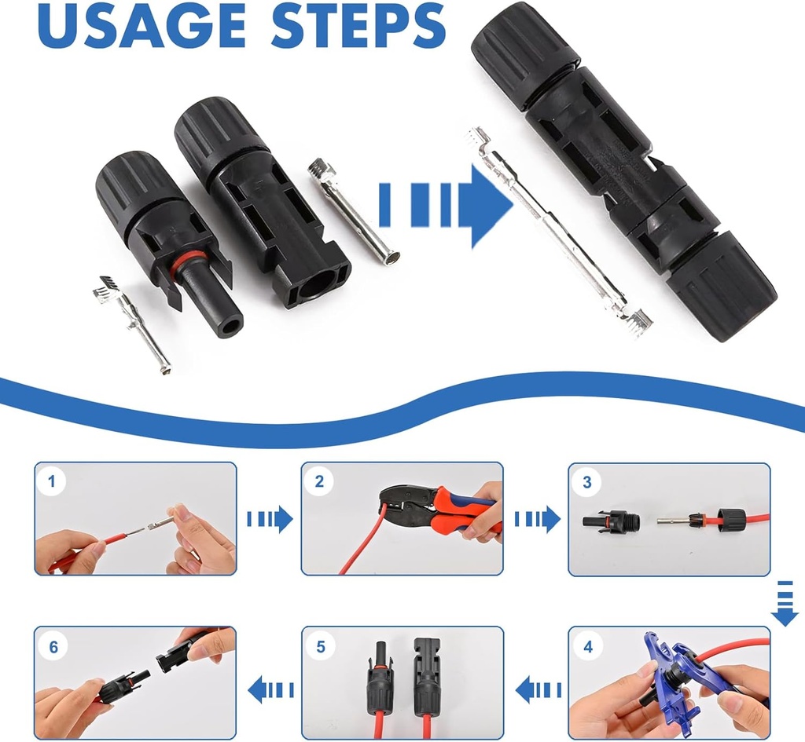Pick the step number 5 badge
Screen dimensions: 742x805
[320, 648]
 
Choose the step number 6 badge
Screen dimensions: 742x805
[53, 648]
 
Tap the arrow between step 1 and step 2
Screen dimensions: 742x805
[270, 519]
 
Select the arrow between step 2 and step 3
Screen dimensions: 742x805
[536, 519]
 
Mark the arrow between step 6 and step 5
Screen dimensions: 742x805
[270, 689]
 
